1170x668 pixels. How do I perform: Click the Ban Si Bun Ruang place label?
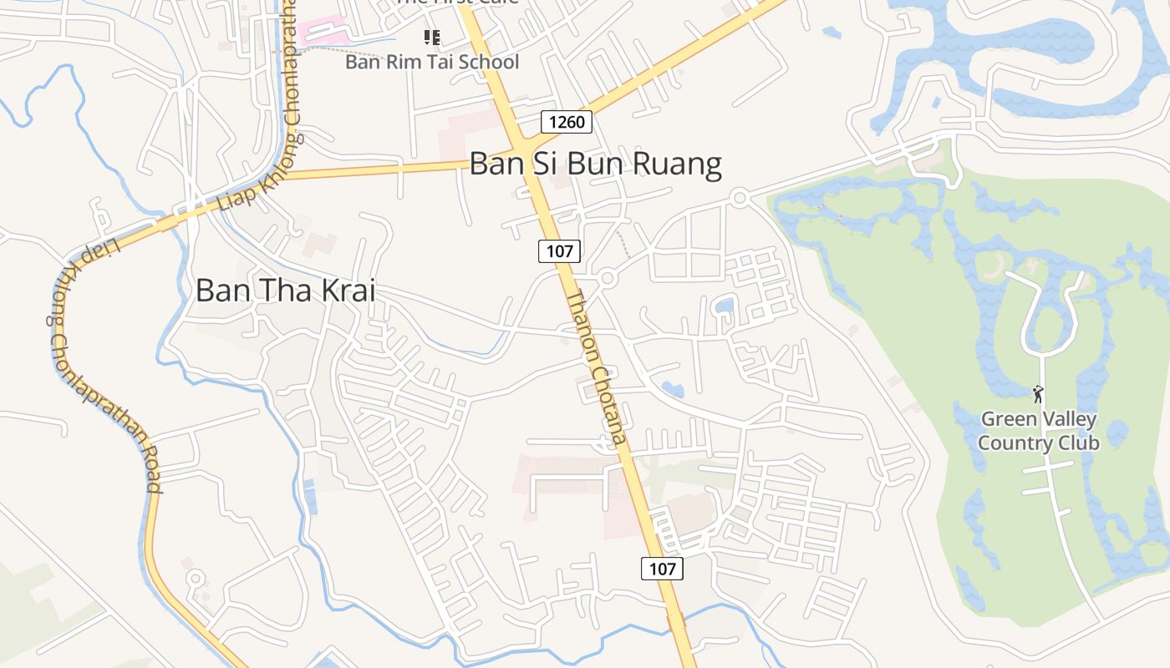click(595, 164)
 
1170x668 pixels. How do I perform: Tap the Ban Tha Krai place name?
click(285, 291)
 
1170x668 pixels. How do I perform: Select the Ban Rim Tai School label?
click(432, 62)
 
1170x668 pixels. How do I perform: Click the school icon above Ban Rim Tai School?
click(431, 38)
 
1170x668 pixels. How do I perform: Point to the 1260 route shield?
click(567, 123)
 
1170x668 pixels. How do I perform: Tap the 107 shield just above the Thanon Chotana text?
click(559, 250)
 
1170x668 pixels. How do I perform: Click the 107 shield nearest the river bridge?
click(662, 569)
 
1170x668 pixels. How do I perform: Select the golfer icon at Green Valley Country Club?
click(1038, 393)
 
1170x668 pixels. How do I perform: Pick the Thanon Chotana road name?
click(596, 368)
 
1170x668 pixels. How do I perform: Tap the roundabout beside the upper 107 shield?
click(608, 278)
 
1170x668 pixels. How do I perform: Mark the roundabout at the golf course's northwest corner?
click(739, 198)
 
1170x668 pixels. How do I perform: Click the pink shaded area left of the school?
click(325, 33)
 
